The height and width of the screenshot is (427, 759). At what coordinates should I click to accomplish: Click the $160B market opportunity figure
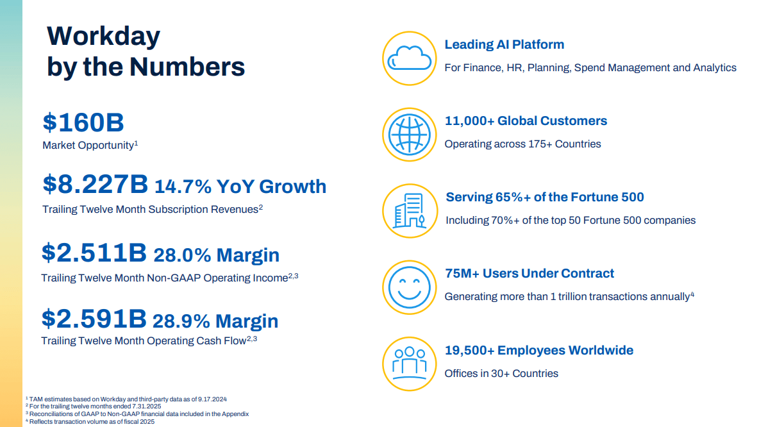(x=83, y=122)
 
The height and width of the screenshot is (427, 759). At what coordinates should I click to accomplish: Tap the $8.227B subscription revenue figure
(x=95, y=185)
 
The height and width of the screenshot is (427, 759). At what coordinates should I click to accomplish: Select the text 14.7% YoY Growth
(x=240, y=187)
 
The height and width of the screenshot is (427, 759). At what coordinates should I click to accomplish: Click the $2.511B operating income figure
(x=94, y=253)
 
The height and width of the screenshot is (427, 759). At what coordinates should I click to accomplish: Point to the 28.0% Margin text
(x=216, y=255)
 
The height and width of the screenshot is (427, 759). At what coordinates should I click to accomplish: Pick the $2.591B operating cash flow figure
(x=94, y=319)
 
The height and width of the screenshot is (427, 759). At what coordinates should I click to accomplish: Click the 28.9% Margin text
(x=216, y=321)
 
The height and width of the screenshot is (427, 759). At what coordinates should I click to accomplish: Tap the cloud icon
(x=409, y=58)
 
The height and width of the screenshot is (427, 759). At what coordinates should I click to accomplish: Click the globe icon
(x=409, y=135)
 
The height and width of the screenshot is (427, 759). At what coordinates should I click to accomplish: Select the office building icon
(x=409, y=211)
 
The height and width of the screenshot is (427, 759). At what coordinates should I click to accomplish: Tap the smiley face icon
(x=409, y=287)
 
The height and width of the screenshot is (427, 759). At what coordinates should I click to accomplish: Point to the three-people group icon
(x=409, y=363)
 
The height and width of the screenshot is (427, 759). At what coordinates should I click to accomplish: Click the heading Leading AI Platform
(x=505, y=45)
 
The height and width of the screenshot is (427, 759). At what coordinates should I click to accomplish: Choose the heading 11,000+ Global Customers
(x=526, y=121)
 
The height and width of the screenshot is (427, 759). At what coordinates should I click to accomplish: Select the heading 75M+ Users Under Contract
(x=530, y=274)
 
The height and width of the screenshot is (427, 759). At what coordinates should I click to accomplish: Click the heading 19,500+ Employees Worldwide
(x=539, y=351)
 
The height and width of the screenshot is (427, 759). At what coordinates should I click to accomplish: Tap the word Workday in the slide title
(x=104, y=36)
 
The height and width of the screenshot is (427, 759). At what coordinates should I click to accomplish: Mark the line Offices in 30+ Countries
(x=501, y=373)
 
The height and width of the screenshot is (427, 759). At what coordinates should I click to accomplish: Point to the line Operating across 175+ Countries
(x=522, y=144)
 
